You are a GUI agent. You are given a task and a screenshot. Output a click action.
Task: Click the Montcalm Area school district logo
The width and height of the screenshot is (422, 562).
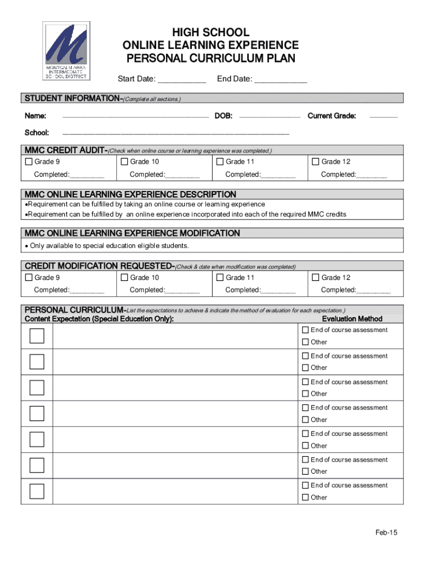pyautogui.click(x=66, y=51)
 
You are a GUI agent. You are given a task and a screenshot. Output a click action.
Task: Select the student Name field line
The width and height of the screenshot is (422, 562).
pyautogui.click(x=135, y=117)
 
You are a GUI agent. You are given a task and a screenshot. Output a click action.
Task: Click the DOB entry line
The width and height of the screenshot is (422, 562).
pyautogui.click(x=270, y=117)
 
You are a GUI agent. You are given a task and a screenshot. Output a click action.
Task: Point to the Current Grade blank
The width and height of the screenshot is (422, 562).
pyautogui.click(x=384, y=117)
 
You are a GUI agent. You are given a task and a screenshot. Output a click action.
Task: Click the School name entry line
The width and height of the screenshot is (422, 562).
pyautogui.click(x=176, y=133)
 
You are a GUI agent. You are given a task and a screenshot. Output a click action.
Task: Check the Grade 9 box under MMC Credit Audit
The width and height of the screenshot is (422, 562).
pyautogui.click(x=29, y=161)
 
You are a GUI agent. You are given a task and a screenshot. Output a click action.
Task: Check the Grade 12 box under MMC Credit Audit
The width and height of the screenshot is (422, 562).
pyautogui.click(x=316, y=161)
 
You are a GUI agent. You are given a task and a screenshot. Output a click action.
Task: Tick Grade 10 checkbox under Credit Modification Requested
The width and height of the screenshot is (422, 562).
pyautogui.click(x=124, y=278)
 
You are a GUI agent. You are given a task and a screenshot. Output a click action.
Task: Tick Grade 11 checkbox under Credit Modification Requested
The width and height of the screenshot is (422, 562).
pyautogui.click(x=220, y=278)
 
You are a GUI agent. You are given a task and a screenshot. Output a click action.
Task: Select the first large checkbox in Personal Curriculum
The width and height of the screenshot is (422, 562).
pyautogui.click(x=37, y=336)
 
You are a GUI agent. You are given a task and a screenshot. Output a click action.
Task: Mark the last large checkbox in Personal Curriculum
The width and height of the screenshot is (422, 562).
pyautogui.click(x=37, y=491)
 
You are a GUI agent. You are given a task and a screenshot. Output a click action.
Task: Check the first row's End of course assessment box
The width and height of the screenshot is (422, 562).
pyautogui.click(x=306, y=330)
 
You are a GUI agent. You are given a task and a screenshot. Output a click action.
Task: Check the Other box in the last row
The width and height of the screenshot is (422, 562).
pyautogui.click(x=306, y=498)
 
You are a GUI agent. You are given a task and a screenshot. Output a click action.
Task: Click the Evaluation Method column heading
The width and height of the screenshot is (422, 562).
pyautogui.click(x=352, y=319)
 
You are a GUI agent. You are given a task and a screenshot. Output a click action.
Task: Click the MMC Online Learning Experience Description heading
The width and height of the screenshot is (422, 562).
pyautogui.click(x=130, y=194)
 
